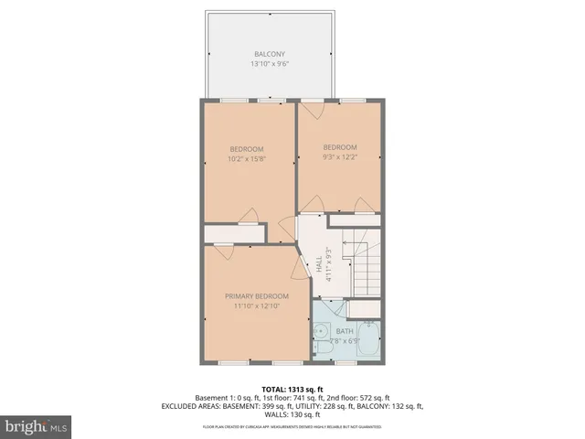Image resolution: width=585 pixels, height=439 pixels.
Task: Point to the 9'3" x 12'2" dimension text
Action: coord(339,158)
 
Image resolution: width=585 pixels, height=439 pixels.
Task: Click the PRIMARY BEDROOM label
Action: coord(257,296)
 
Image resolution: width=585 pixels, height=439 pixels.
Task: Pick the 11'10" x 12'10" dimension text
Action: coord(257,307)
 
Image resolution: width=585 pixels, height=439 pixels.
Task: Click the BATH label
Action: coord(344,331)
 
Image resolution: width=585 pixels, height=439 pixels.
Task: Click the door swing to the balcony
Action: coord(311,109)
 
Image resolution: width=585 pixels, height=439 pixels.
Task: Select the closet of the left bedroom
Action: coord(235,234)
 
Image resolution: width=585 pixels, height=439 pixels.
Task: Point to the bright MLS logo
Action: coord(36,425)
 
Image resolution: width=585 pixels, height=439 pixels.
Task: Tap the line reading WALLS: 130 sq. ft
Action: coord(292,414)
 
